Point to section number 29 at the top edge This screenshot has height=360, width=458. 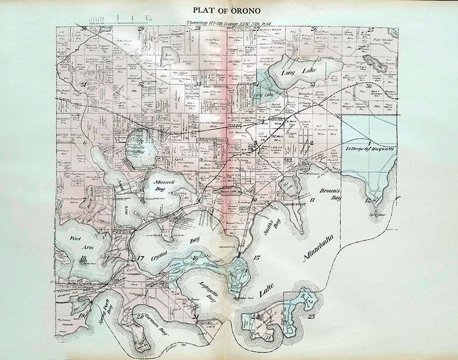coord(140,29)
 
